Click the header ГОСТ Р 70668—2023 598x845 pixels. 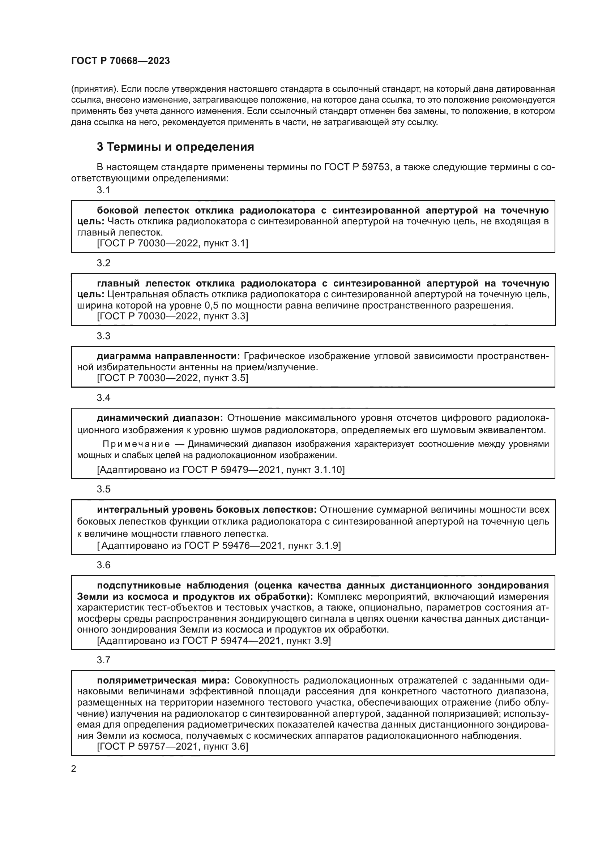[120, 61]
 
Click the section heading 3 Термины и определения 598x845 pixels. [175, 147]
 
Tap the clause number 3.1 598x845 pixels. [103, 190]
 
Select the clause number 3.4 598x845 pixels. [103, 398]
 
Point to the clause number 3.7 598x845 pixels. [103, 660]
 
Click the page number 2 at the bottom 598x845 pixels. [74, 769]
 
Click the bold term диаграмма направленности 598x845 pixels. [168, 356]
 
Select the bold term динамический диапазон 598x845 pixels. [160, 418]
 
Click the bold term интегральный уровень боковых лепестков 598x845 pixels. [206, 510]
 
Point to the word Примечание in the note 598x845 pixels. [136, 444]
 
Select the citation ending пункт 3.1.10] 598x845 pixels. [221, 470]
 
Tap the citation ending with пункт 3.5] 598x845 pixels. [172, 378]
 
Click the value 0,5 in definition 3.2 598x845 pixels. [212, 306]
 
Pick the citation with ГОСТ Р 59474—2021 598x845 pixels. [214, 641]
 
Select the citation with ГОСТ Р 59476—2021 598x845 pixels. [219, 546]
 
